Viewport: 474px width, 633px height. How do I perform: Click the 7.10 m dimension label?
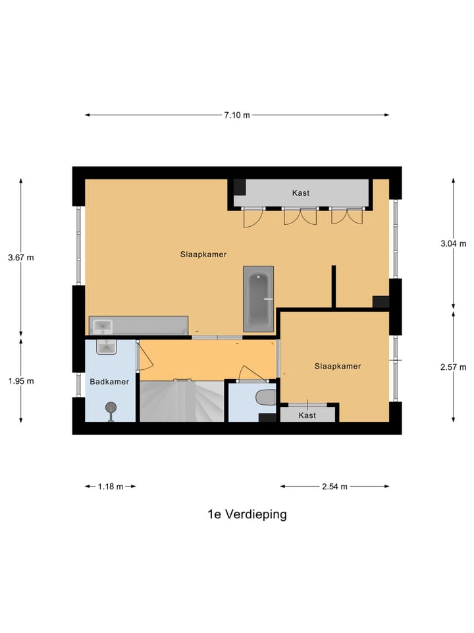coord(237,115)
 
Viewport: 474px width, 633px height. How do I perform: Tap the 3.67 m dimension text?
coord(20,258)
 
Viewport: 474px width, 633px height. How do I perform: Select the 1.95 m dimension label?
coord(20,381)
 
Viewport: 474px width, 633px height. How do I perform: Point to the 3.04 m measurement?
coord(453,243)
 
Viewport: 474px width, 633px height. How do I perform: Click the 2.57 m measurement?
coord(453,367)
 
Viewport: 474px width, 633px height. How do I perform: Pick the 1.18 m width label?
coord(110,487)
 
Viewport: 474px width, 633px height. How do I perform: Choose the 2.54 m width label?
coord(334,487)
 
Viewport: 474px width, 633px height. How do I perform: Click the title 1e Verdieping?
coord(247,514)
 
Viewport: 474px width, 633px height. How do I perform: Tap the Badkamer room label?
coord(109,381)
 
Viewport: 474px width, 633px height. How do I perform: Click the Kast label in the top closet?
coord(301,193)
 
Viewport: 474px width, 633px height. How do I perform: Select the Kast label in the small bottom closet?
coord(307,415)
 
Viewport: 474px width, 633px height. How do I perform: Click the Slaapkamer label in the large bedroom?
coord(203,254)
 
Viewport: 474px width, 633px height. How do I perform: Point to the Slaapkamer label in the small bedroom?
coord(338,366)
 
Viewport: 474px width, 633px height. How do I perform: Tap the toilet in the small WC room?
coord(265,398)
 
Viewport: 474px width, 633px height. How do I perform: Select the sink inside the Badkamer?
coord(106,346)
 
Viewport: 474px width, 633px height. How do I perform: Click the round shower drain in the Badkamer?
coord(111,407)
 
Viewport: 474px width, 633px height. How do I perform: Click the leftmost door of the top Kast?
coord(253,217)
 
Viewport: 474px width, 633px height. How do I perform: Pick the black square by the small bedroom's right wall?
coord(381,301)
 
